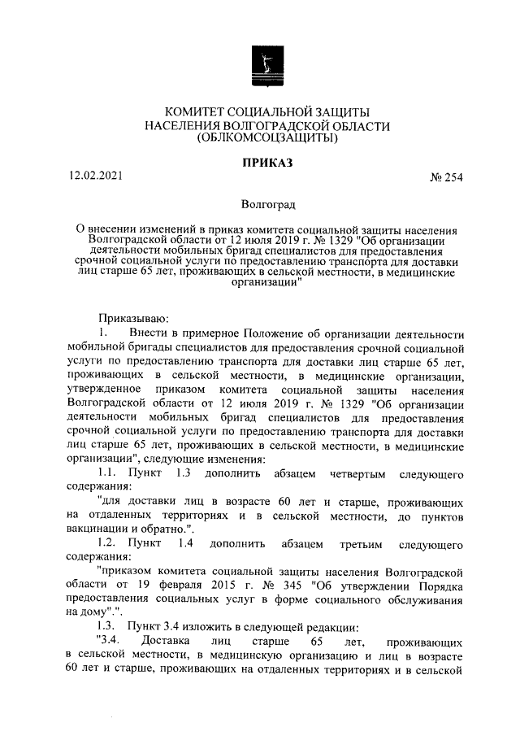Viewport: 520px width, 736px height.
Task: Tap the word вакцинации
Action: (99, 528)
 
